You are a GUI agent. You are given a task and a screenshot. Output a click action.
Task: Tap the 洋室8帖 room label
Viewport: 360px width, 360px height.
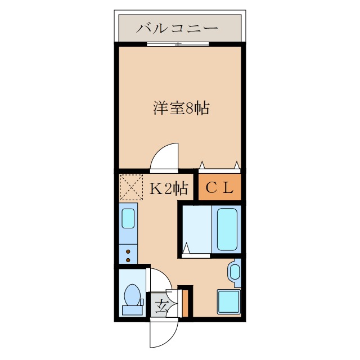tap(181, 108)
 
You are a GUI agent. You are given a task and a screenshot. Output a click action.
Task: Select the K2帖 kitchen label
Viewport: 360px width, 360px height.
tap(168, 189)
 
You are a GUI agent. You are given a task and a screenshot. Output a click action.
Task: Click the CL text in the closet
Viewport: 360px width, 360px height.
tap(219, 188)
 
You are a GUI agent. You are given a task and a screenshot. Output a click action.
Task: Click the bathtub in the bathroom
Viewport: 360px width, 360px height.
tap(226, 229)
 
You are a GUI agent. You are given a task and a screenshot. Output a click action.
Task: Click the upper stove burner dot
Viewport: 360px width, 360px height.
tap(128, 251)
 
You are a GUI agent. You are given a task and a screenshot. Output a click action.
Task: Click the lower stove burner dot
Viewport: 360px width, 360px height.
tap(128, 259)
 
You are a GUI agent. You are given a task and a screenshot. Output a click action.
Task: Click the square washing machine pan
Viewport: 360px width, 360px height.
tap(229, 302)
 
